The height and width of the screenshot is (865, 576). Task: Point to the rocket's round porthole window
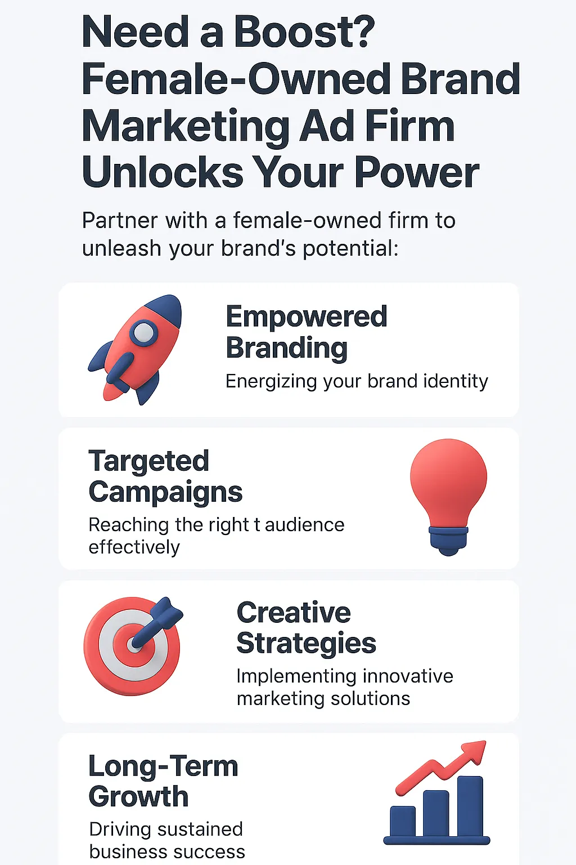143,332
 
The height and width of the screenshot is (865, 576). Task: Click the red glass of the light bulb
448,481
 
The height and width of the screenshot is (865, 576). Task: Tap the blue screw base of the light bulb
448,541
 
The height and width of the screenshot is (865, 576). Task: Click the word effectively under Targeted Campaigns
134,547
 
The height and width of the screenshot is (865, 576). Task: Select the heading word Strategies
307,644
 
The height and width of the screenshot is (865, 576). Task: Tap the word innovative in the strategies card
408,676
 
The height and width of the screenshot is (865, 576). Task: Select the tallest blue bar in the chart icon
470,806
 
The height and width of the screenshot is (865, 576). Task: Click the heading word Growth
138,797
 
